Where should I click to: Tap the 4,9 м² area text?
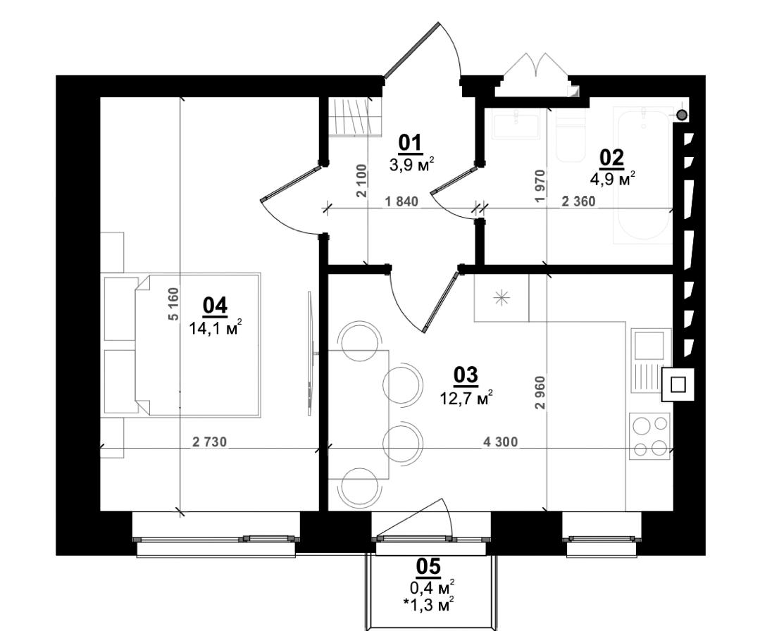click(612, 179)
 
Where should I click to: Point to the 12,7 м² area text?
click(466, 399)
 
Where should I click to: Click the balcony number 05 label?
click(428, 566)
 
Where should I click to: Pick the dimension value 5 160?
click(173, 304)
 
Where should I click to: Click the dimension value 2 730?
click(209, 442)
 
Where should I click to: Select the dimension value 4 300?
click(501, 442)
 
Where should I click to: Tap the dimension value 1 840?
click(400, 201)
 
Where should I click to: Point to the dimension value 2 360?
click(578, 201)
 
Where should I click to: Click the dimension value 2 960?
click(540, 392)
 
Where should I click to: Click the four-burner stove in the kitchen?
click(650, 436)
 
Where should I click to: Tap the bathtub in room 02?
click(642, 175)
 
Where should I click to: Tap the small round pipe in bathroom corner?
click(682, 115)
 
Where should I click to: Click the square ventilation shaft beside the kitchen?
click(678, 385)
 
